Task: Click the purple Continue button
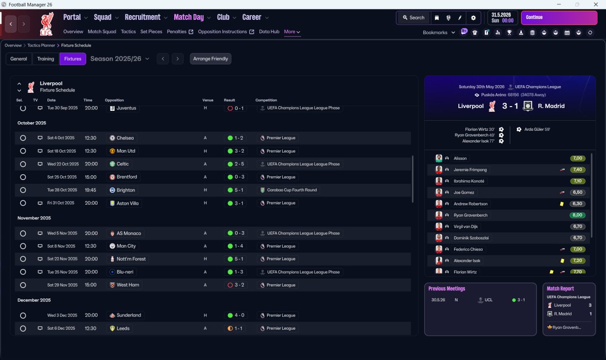(559, 18)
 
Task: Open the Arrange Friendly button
(211, 59)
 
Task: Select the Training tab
(45, 59)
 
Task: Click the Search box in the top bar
(413, 18)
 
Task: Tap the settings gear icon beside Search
(473, 18)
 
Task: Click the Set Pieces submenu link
(151, 32)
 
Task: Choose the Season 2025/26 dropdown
(120, 59)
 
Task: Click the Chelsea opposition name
(125, 138)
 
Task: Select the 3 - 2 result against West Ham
(236, 285)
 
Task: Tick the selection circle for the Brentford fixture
(23, 177)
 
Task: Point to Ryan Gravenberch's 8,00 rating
(577, 215)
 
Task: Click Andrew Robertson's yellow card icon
(561, 204)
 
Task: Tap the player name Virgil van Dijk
(465, 226)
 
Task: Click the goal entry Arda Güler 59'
(537, 129)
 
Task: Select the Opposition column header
(114, 100)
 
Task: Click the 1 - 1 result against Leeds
(236, 328)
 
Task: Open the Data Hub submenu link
(269, 32)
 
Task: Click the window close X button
(596, 4)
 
